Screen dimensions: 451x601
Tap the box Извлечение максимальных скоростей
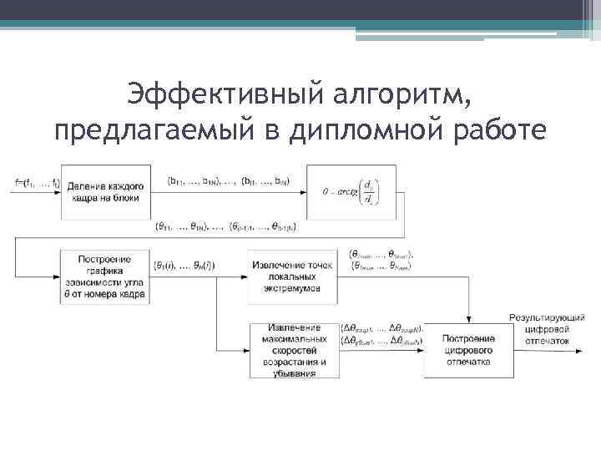pyautogui.click(x=293, y=350)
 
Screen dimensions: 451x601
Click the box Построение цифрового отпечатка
pyautogui.click(x=468, y=350)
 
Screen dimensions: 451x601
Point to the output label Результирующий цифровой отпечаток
pyautogui.click(x=547, y=329)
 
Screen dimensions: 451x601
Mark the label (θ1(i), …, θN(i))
pyautogui.click(x=185, y=266)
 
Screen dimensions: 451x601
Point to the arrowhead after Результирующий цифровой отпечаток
pyautogui.click(x=581, y=350)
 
